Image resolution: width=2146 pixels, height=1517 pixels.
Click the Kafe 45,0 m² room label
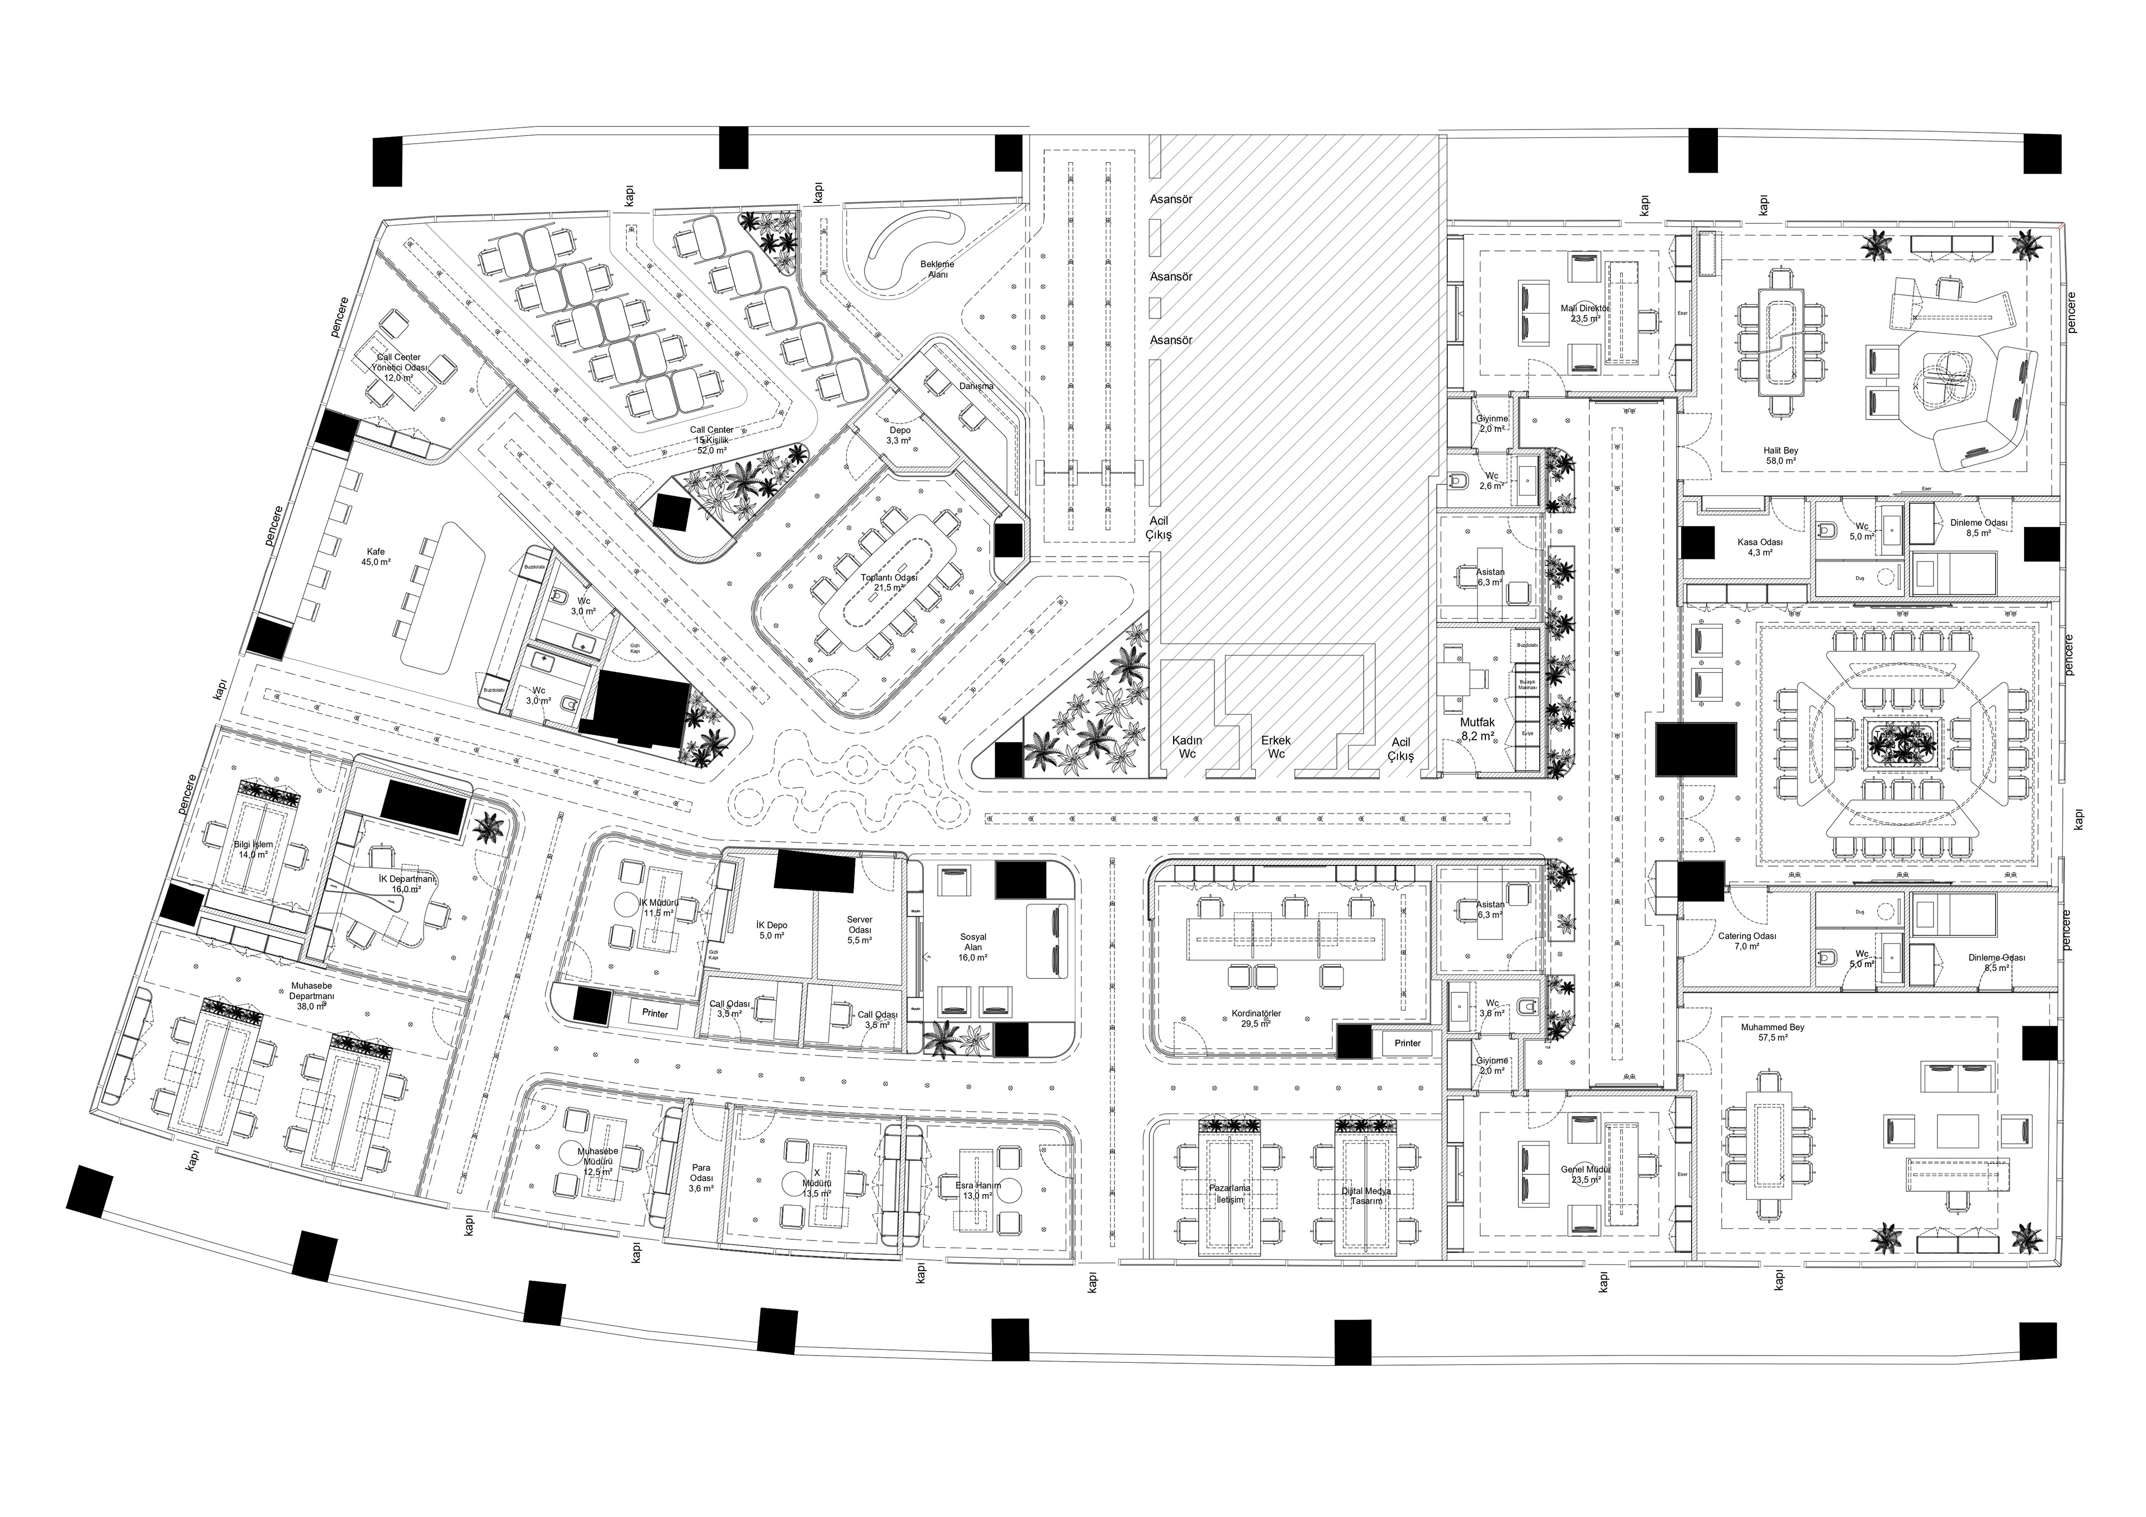point(375,557)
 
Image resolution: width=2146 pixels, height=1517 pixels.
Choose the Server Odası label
point(859,930)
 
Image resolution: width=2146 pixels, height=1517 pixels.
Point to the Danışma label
point(976,386)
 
